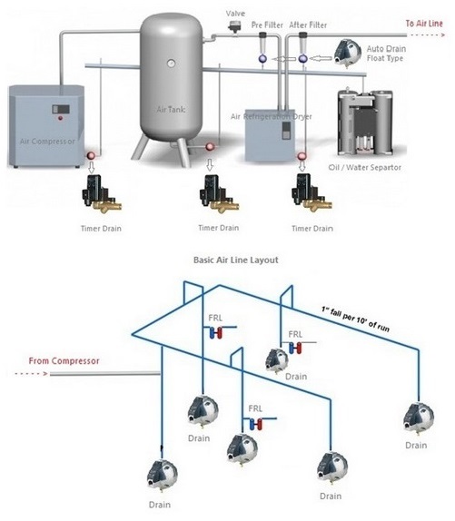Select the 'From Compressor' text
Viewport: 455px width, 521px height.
coord(63,360)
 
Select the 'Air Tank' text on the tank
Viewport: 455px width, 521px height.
coord(172,109)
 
